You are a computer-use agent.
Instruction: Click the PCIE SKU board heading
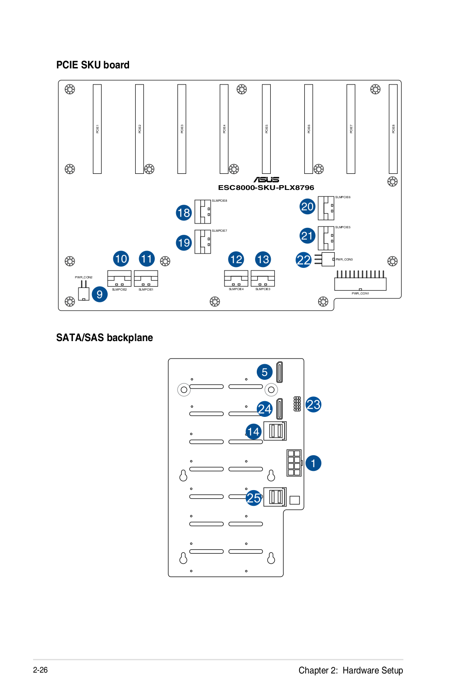pos(93,65)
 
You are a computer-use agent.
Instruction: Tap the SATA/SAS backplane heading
pos(105,338)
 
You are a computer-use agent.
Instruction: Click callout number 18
pos(184,213)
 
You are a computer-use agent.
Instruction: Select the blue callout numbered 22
pos(303,260)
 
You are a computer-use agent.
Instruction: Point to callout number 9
pos(100,294)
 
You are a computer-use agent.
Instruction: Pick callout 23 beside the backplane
pos(313,405)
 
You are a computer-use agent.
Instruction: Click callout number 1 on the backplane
pos(313,463)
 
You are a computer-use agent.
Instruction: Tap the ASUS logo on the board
pos(266,179)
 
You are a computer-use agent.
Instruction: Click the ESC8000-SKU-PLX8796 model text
pos(266,188)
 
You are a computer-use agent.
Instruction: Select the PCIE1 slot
pos(97,129)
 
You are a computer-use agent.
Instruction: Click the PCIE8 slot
pos(393,129)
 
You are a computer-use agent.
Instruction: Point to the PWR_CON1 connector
pos(360,284)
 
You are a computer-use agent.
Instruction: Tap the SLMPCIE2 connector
pos(119,278)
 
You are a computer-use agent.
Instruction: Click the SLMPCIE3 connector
pos(263,278)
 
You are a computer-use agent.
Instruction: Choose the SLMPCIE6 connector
pos(326,208)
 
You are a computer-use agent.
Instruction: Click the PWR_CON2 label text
pos(84,277)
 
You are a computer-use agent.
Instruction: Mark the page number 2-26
pos(41,670)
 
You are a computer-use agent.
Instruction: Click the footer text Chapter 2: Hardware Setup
pos(351,670)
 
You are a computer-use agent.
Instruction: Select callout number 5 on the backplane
pos(265,372)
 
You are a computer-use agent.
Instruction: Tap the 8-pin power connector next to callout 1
pos(294,463)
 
